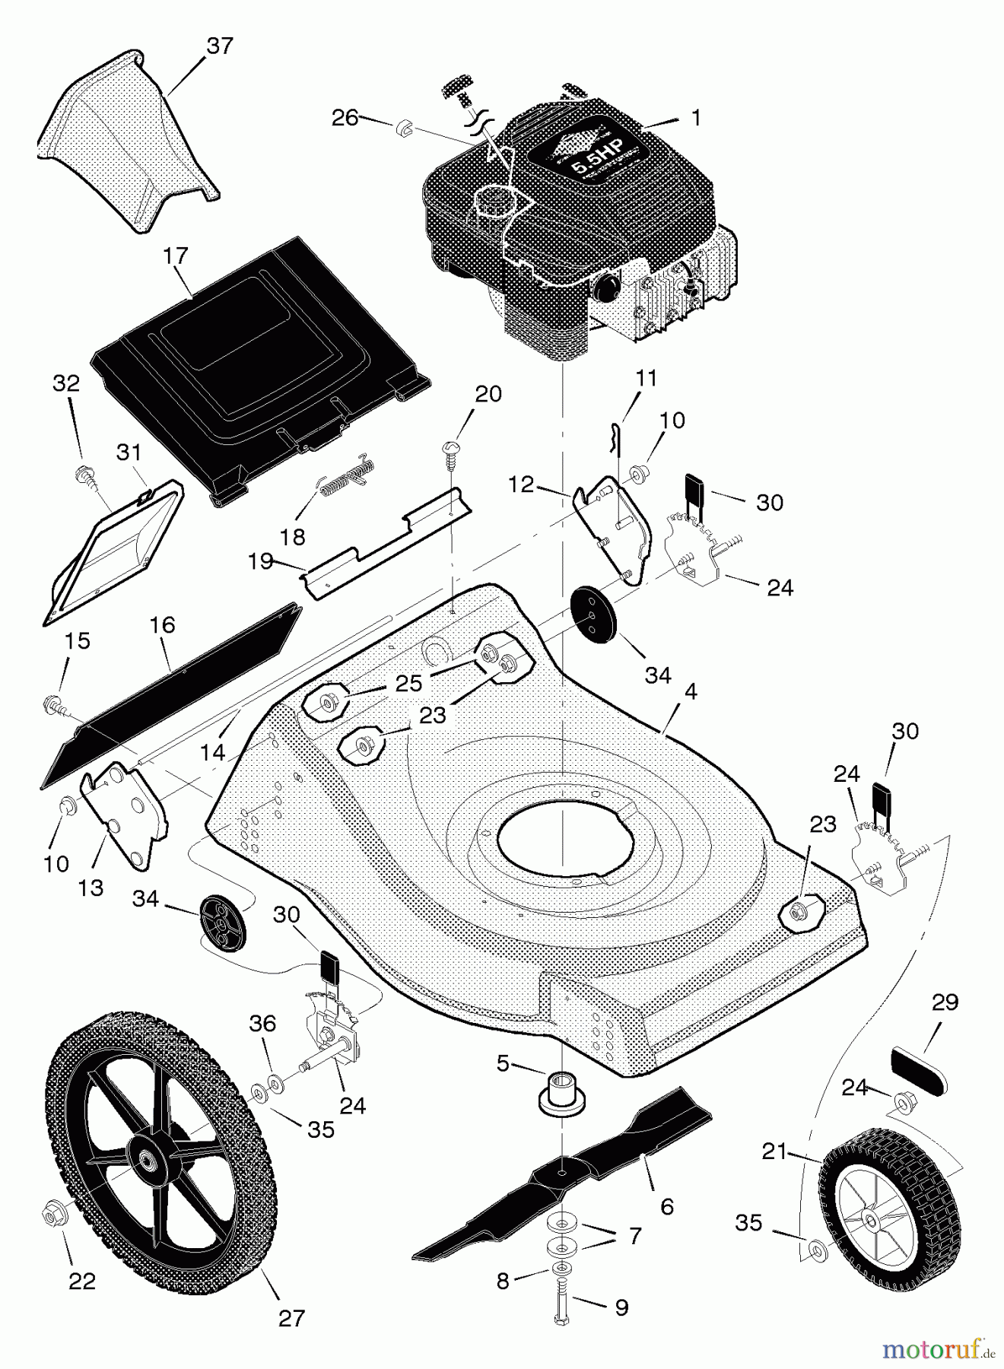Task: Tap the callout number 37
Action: tap(220, 46)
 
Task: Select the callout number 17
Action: tap(175, 256)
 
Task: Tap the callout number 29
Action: tap(945, 1002)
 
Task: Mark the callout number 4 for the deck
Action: tap(691, 691)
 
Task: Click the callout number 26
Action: tap(345, 118)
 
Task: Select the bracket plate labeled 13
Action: tap(123, 814)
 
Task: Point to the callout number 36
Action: tap(262, 1024)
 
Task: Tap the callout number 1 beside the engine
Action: tap(694, 118)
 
